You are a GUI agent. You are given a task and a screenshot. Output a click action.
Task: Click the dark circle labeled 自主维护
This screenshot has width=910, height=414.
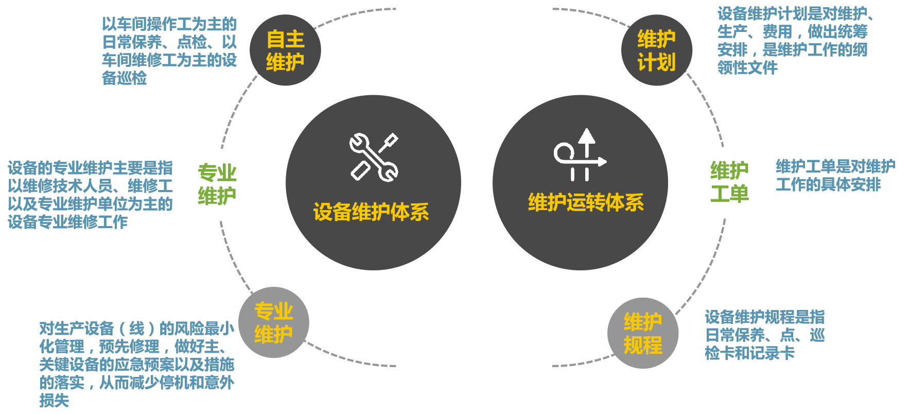[x=285, y=50]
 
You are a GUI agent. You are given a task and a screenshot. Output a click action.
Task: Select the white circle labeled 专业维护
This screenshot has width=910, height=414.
[x=217, y=184]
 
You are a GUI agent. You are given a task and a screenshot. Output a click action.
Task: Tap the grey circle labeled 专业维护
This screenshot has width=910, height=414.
[x=273, y=322]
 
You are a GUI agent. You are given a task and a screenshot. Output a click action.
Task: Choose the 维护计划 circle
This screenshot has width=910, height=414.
[x=656, y=50]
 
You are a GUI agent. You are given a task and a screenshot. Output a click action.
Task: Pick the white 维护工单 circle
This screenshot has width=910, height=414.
[x=729, y=182]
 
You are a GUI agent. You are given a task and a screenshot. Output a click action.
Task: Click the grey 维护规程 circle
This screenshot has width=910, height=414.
[x=643, y=333]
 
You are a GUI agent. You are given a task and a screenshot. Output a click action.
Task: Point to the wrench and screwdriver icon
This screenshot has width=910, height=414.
[x=374, y=157]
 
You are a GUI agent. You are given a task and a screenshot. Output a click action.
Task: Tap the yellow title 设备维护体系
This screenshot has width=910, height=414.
[x=371, y=212]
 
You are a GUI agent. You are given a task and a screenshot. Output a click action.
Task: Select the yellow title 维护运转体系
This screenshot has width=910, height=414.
[x=586, y=202]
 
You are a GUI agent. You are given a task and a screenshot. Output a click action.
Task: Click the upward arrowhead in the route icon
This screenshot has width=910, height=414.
[x=586, y=136]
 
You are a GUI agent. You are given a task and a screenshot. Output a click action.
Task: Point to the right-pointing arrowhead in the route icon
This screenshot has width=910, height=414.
[x=602, y=162]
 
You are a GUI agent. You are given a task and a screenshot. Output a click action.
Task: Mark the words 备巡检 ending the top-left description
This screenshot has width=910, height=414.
[x=125, y=78]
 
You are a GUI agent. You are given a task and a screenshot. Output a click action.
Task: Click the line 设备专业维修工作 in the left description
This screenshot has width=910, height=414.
[x=67, y=222]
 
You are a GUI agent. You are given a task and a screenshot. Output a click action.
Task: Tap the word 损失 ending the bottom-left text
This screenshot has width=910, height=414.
[x=54, y=400]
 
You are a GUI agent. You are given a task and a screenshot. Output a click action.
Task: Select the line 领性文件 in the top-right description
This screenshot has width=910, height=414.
[x=747, y=67]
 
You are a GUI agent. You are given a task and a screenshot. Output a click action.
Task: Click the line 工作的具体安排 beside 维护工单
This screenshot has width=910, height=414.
[x=828, y=184]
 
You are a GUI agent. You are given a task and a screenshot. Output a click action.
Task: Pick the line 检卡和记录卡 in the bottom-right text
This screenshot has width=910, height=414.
[x=749, y=353]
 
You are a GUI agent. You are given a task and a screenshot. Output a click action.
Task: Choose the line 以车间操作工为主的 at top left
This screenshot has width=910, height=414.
[x=169, y=24]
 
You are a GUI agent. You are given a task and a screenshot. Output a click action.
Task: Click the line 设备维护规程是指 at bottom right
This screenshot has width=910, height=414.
[x=764, y=317]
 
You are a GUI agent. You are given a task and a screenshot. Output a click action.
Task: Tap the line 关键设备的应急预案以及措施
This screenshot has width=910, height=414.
[x=137, y=364]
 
